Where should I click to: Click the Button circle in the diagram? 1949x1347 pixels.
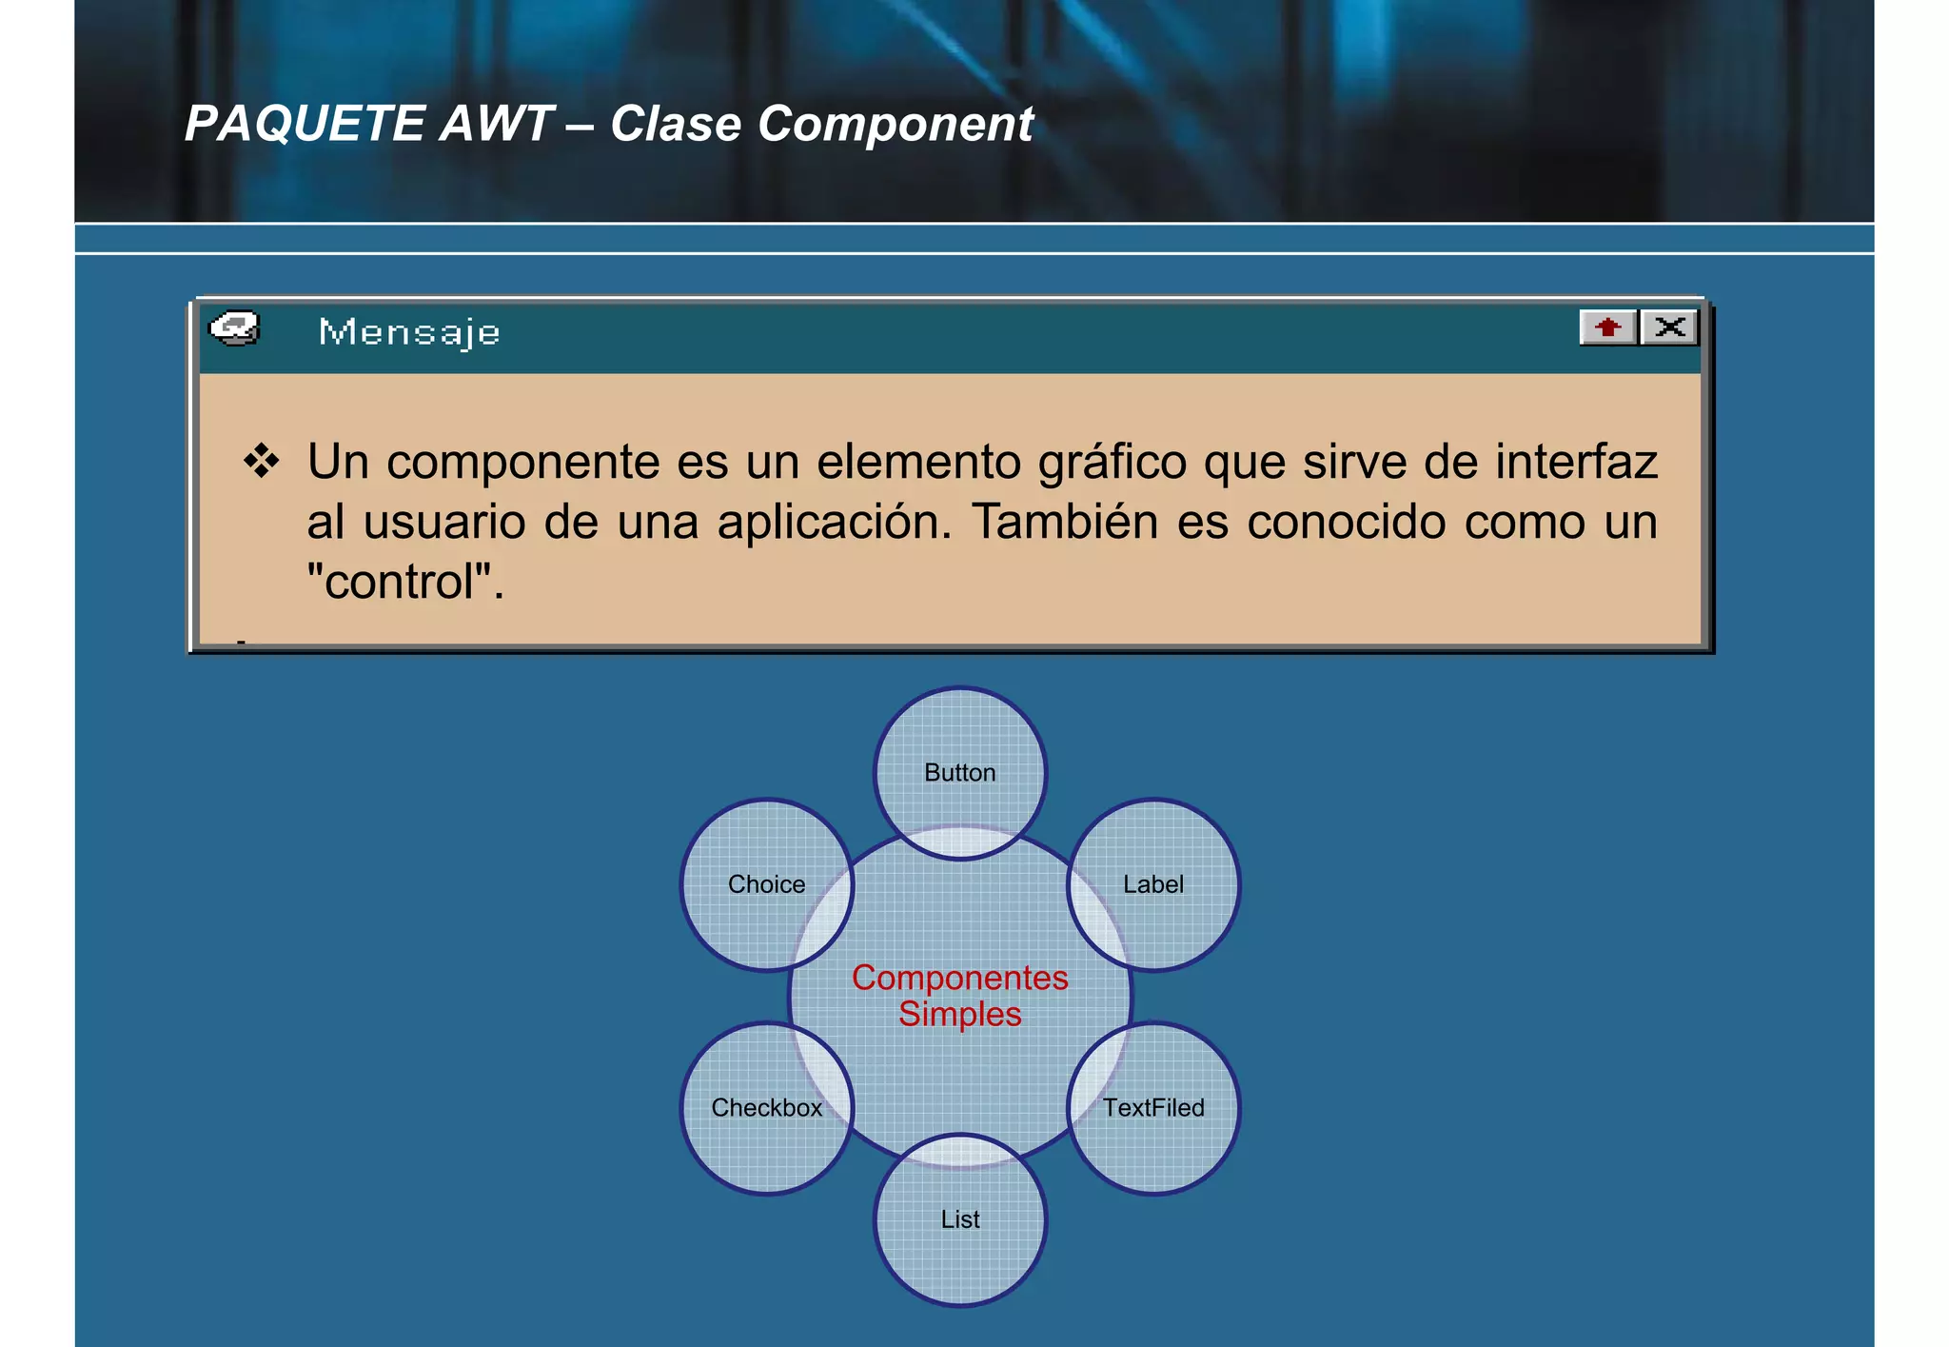pyautogui.click(x=960, y=773)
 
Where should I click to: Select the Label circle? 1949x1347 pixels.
pyautogui.click(x=1153, y=884)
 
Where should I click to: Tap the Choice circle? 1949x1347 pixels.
pyautogui.click(x=767, y=884)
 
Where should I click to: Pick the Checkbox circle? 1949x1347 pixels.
pyautogui.click(x=767, y=1108)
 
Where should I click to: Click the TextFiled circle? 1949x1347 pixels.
pyautogui.click(x=1153, y=1108)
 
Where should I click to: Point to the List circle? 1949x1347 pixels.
pyautogui.click(x=960, y=1219)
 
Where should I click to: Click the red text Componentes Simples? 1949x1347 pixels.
pyautogui.click(x=960, y=996)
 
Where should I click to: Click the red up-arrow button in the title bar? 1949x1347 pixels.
pyautogui.click(x=1607, y=327)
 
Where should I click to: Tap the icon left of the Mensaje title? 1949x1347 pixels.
pyautogui.click(x=234, y=329)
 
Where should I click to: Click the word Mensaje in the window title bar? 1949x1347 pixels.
pyautogui.click(x=409, y=332)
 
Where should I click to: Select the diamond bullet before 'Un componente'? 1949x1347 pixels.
pyautogui.click(x=261, y=462)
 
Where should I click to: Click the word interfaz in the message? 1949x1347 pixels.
pyautogui.click(x=1576, y=462)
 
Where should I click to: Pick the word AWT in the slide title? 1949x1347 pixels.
pyautogui.click(x=496, y=124)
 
